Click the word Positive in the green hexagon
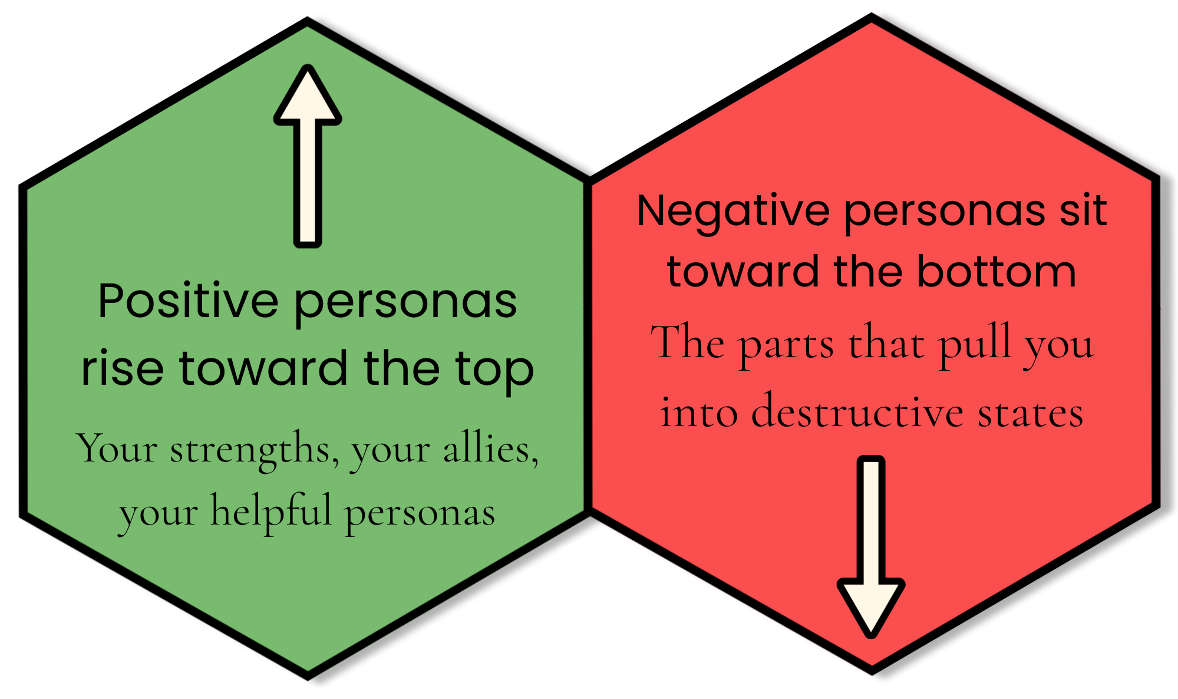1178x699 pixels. click(x=188, y=301)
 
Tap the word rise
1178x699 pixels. click(x=122, y=369)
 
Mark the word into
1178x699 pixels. click(x=699, y=412)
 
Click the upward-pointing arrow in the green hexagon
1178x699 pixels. click(x=308, y=156)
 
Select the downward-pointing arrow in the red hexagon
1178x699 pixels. click(x=871, y=547)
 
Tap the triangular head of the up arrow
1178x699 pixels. click(x=308, y=97)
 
